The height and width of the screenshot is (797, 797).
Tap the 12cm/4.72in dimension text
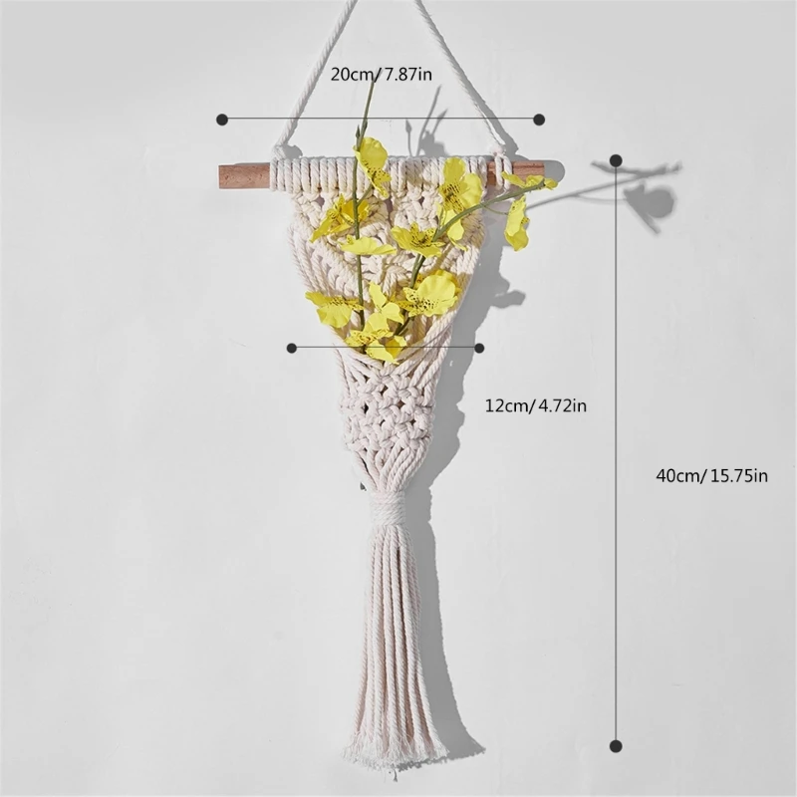(x=536, y=405)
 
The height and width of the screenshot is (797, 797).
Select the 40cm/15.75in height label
(x=711, y=475)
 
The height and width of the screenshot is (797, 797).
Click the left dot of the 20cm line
(x=222, y=119)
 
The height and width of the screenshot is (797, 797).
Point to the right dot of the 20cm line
(x=539, y=119)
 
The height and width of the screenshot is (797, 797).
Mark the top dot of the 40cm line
(x=616, y=160)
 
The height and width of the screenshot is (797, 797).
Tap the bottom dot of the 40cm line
(x=616, y=744)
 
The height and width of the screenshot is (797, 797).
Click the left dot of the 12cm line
(x=292, y=348)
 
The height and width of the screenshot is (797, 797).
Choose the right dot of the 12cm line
(x=479, y=348)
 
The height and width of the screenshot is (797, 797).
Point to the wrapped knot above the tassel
(x=388, y=508)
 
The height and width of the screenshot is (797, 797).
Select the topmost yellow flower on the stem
(x=373, y=154)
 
